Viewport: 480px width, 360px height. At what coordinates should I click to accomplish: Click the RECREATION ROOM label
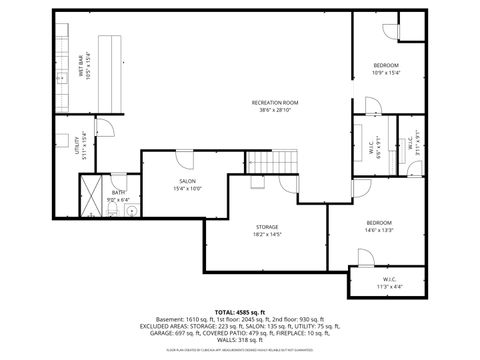click(x=274, y=101)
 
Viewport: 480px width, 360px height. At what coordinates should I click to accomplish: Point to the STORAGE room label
click(x=266, y=226)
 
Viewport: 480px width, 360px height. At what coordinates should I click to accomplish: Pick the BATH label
click(x=118, y=192)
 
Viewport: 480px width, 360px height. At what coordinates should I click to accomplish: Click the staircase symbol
click(x=264, y=161)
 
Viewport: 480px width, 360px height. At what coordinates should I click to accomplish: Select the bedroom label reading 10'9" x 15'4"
click(x=385, y=72)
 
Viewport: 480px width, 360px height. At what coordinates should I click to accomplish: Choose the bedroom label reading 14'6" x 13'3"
click(x=379, y=229)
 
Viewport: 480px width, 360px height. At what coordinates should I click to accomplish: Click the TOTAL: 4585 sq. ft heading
click(x=240, y=312)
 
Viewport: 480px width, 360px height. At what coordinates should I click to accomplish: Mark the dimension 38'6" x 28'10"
click(x=274, y=108)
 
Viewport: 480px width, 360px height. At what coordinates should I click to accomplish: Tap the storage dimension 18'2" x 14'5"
click(x=266, y=234)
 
